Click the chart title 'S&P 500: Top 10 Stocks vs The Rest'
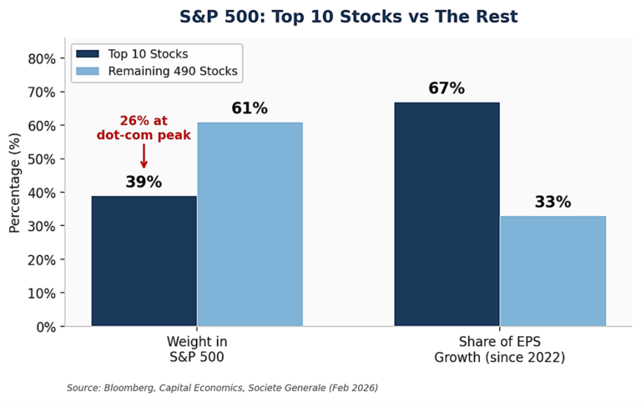[348, 17]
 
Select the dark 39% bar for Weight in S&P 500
[144, 261]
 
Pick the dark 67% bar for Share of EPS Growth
[447, 214]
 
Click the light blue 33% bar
[553, 271]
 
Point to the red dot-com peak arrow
[144, 156]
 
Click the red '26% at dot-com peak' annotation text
[144, 128]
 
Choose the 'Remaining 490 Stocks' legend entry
[157, 72]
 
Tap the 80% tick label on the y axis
[42, 59]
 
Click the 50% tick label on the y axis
[42, 159]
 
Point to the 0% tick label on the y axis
[45, 327]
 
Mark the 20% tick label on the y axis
[42, 260]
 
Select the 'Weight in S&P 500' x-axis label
[196, 349]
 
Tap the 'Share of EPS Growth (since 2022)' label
[499, 349]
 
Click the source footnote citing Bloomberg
[222, 388]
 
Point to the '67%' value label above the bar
[447, 88]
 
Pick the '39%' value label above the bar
[144, 182]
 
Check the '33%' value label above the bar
[553, 202]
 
